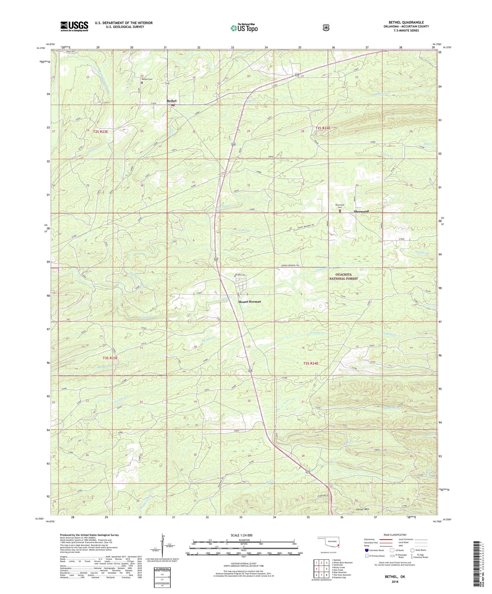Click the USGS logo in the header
pos(74,26)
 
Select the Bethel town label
pos(172,101)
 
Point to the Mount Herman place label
pos(250,302)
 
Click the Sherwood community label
pos(361,211)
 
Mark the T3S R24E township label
pos(311,363)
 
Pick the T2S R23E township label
pos(102,131)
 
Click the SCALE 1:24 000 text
pos(241,535)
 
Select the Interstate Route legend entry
pos(375,550)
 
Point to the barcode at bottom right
pos(477,565)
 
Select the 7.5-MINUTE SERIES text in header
pos(406,31)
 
